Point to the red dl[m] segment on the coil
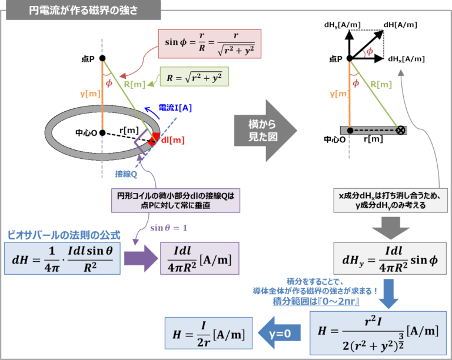point(154,139)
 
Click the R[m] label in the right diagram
point(381,84)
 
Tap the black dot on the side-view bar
point(350,130)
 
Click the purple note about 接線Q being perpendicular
point(177,201)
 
